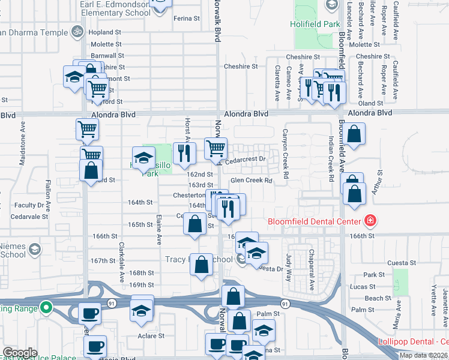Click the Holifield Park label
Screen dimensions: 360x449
click(318, 25)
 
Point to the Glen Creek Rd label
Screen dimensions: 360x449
click(252, 180)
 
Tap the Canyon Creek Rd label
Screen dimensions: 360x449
click(286, 155)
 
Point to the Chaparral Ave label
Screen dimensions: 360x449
click(311, 270)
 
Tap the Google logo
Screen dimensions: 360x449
click(20, 353)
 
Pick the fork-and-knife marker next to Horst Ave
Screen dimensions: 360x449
click(185, 154)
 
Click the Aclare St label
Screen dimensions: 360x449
click(151, 336)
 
